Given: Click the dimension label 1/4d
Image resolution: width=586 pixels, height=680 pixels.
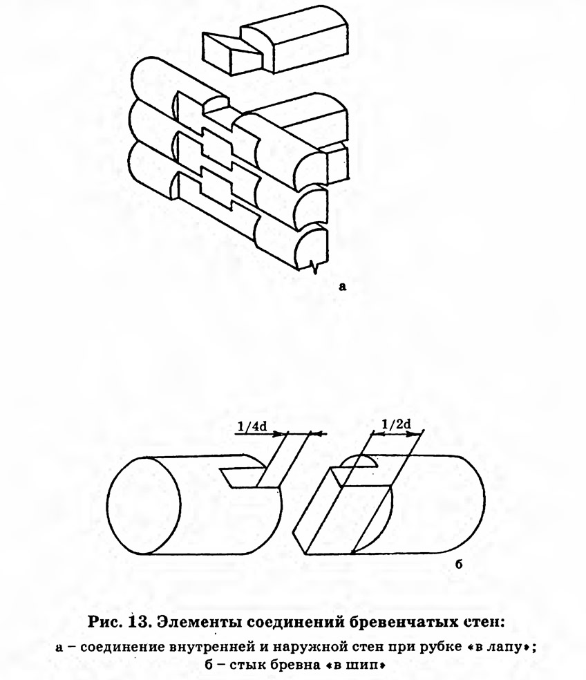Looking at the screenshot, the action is [252, 427].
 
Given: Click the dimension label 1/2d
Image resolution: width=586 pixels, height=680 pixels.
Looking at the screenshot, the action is [396, 424].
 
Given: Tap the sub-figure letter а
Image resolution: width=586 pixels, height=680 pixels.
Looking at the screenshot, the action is [343, 286].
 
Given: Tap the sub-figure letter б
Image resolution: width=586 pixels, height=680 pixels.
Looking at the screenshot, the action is [459, 564].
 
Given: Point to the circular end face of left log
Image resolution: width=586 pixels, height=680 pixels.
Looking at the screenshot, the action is [144, 505].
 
